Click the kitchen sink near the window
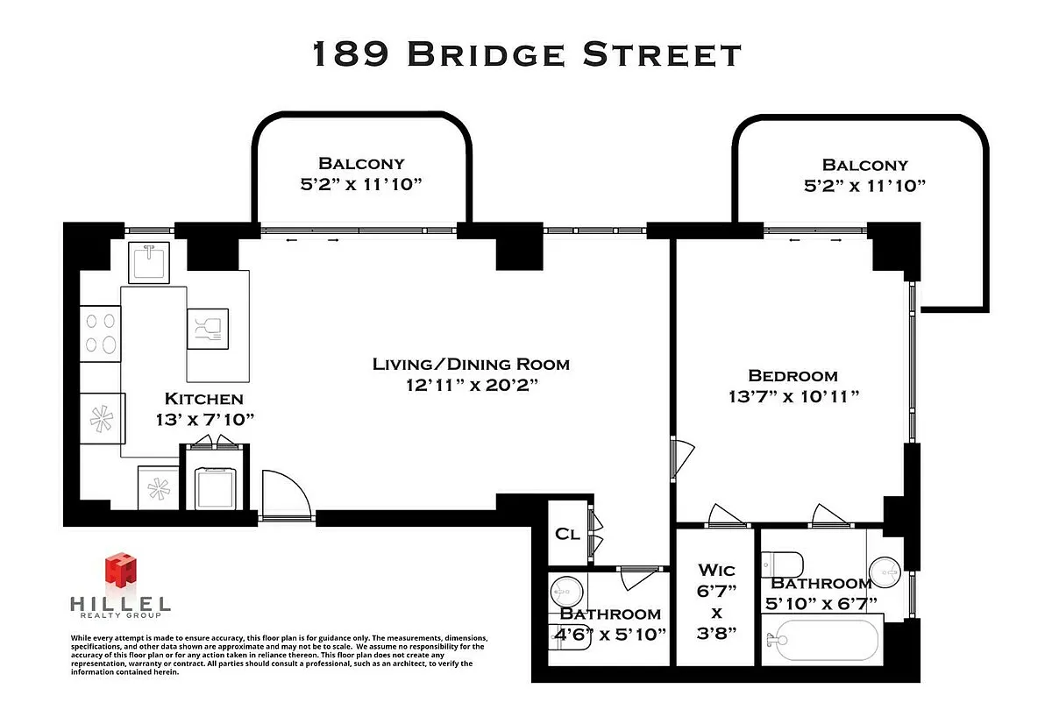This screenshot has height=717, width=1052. click(149, 262)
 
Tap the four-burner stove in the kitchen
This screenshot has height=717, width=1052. click(100, 334)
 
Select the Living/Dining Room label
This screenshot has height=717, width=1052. click(471, 365)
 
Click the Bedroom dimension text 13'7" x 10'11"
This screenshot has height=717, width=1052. click(793, 397)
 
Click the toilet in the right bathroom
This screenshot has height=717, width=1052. click(782, 564)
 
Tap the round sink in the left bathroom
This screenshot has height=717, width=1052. click(567, 592)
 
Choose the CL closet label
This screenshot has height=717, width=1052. click(567, 534)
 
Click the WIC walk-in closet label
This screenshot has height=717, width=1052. click(716, 570)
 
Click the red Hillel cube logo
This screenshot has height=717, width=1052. click(121, 569)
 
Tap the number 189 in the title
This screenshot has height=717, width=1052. click(351, 53)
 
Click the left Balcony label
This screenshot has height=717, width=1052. click(361, 163)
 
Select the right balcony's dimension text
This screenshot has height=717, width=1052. click(864, 186)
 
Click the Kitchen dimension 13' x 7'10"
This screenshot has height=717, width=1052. click(205, 419)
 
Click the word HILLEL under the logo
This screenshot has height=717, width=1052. click(121, 604)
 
